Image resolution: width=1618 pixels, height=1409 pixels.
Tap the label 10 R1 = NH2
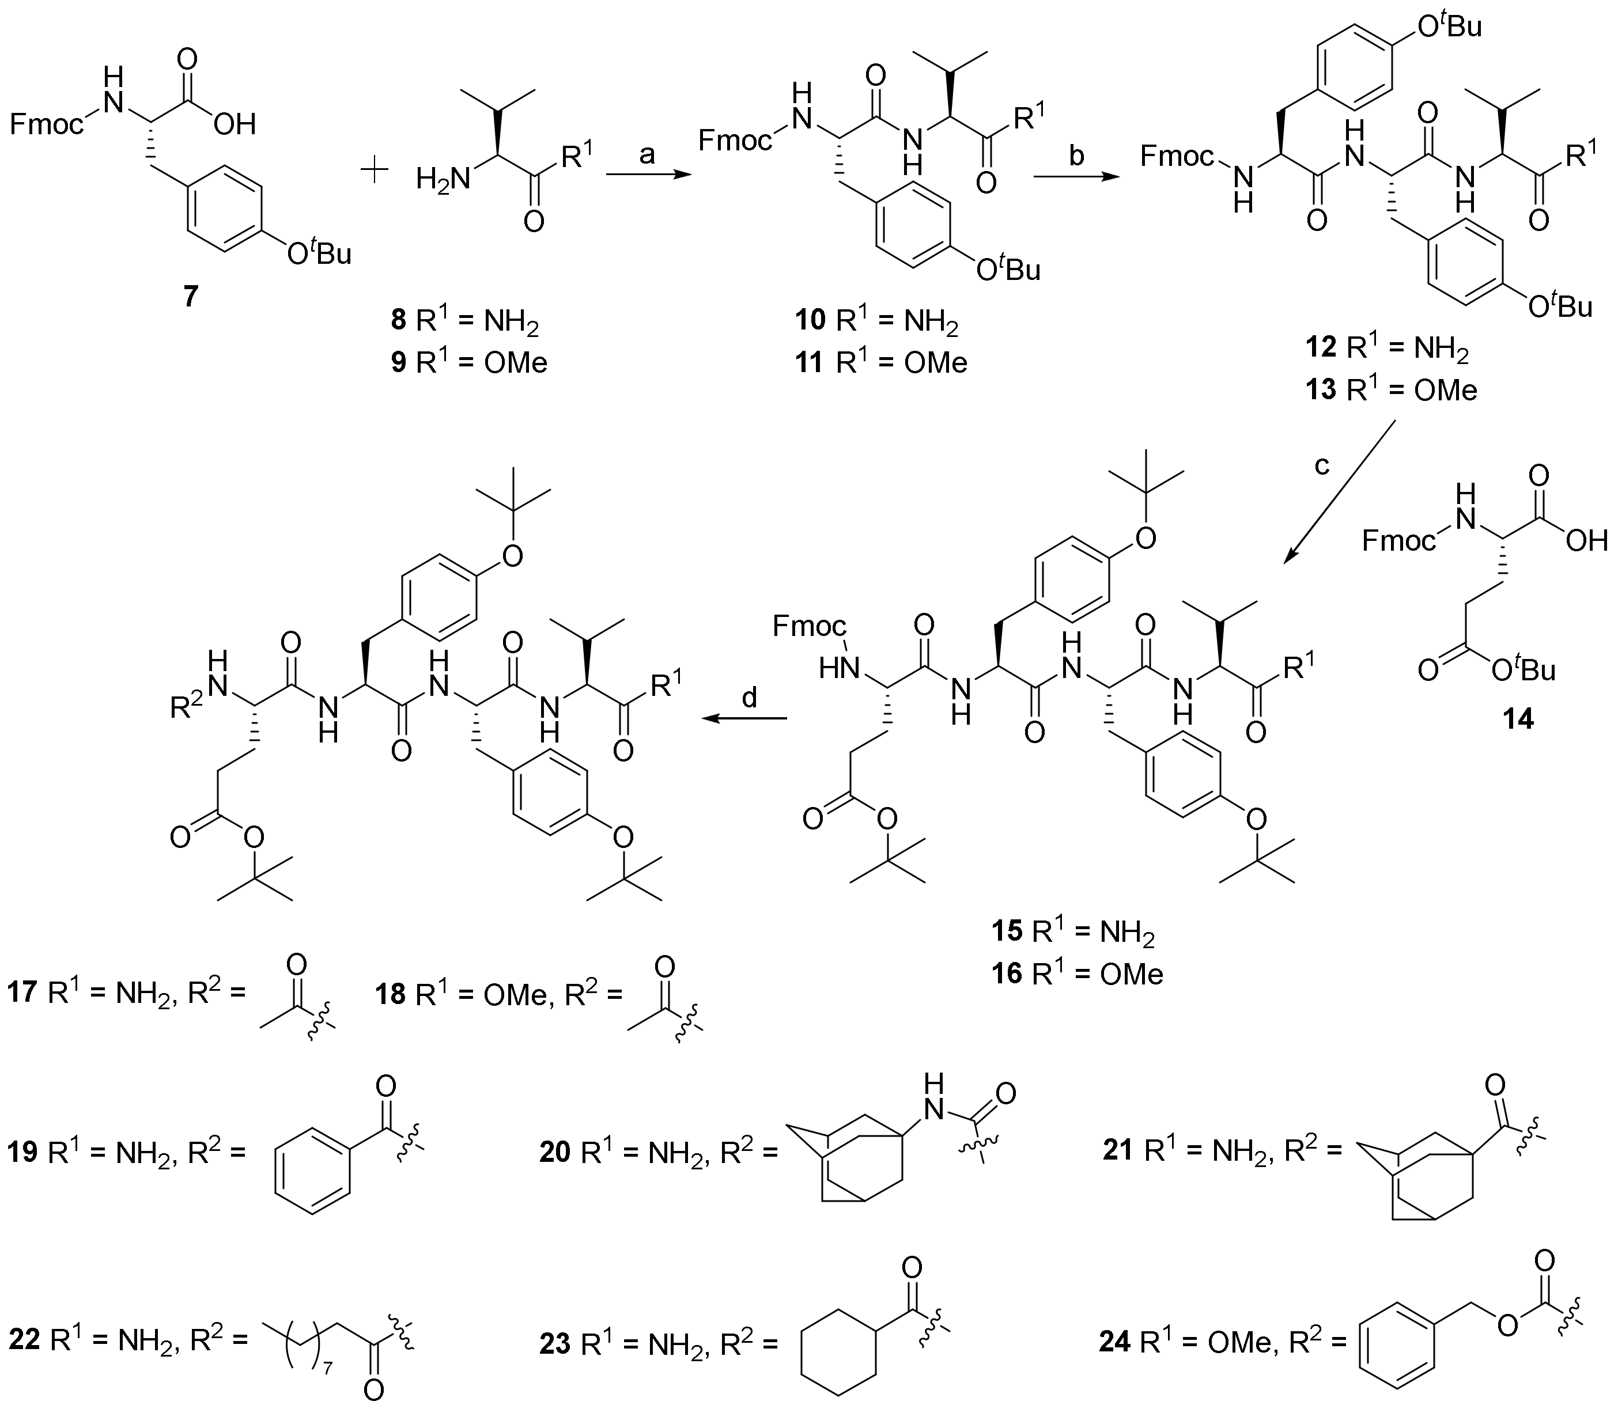(x=876, y=321)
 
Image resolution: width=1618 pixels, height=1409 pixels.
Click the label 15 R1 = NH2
(x=1073, y=933)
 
